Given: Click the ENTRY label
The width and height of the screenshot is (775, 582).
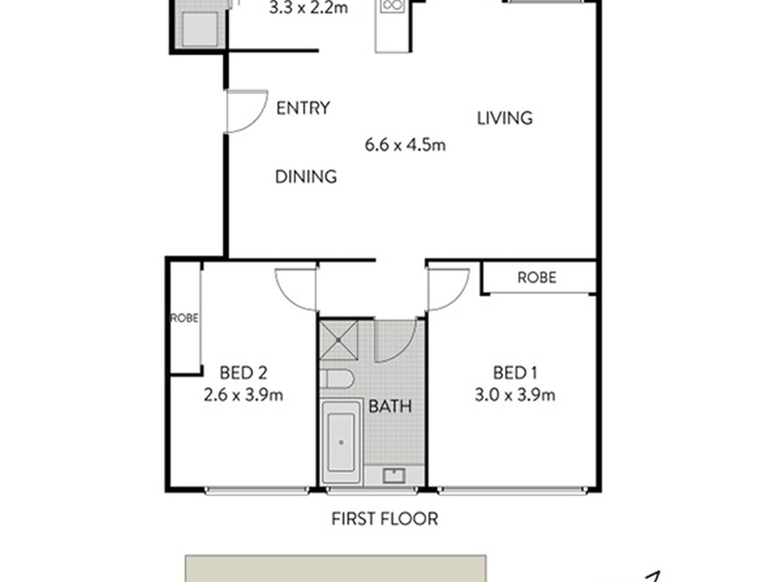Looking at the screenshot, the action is click(303, 108).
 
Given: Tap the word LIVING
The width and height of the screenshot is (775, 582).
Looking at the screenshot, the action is click(505, 118).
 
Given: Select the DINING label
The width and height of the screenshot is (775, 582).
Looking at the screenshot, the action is click(306, 177).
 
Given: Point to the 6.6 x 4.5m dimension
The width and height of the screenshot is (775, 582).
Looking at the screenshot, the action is click(405, 145).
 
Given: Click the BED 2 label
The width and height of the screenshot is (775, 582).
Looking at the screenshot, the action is click(244, 373).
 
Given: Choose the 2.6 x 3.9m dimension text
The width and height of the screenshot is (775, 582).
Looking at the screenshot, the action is click(244, 395).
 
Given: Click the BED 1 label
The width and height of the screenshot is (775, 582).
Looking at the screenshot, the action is click(515, 373).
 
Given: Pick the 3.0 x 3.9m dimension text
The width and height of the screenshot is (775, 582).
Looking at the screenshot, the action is click(515, 395).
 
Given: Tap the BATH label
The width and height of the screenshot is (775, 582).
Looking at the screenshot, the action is click(390, 406).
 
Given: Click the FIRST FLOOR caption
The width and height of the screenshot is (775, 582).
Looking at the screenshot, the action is click(385, 519).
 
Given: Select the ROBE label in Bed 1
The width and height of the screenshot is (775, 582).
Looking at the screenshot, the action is click(537, 278).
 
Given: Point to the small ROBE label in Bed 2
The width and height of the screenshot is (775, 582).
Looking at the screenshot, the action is click(184, 318).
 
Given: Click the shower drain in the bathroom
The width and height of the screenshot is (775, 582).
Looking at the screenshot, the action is click(339, 340).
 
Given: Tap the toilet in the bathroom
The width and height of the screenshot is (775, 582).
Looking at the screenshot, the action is click(337, 379).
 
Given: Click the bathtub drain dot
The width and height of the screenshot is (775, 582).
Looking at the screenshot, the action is click(341, 442).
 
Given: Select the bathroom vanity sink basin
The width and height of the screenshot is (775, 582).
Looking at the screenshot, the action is click(394, 476).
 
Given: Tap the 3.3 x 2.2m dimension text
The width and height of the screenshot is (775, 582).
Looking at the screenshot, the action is click(308, 8).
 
